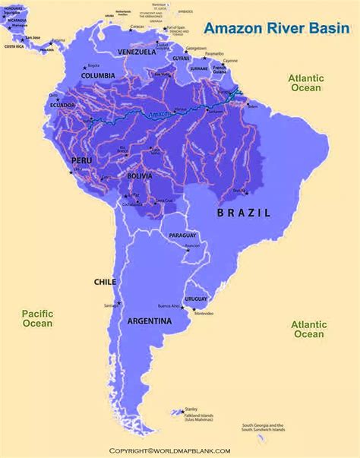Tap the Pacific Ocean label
click(x=37, y=317)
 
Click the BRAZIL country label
click(x=243, y=213)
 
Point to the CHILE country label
click(x=104, y=281)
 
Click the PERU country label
click(x=81, y=161)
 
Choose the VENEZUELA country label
click(x=137, y=52)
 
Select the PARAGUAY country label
click(x=182, y=235)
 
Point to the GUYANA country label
click(x=180, y=58)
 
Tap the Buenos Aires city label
click(x=169, y=305)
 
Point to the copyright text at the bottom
click(x=180, y=450)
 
